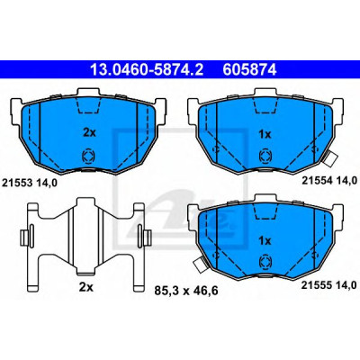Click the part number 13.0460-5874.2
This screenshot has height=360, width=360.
(x=147, y=70)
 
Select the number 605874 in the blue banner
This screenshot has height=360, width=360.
(x=249, y=70)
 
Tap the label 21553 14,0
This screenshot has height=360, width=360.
(x=30, y=183)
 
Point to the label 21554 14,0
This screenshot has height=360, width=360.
(x=329, y=180)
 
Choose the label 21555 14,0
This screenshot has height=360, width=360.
(x=329, y=285)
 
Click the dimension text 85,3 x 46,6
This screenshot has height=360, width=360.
(x=186, y=291)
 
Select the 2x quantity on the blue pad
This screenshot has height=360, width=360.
(x=89, y=132)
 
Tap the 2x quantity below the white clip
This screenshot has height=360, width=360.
(x=86, y=287)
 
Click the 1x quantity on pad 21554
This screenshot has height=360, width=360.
(x=265, y=135)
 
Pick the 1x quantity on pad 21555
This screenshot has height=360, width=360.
(x=265, y=240)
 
